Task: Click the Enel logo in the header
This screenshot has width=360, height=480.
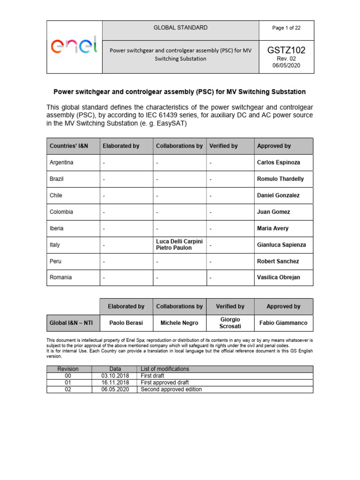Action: pyautogui.click(x=74, y=46)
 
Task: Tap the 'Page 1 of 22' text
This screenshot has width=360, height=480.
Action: pyautogui.click(x=286, y=28)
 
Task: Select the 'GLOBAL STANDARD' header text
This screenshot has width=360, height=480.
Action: pyautogui.click(x=180, y=28)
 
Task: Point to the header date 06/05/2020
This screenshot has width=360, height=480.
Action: pyautogui.click(x=286, y=66)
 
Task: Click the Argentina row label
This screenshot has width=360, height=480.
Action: pyautogui.click(x=61, y=163)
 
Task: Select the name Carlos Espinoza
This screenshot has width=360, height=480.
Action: pyautogui.click(x=278, y=163)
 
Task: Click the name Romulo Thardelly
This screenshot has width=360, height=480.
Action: pyautogui.click(x=280, y=179)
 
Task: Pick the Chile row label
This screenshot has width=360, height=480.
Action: pyautogui.click(x=56, y=195)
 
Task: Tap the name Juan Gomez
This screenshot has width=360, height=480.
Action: pyautogui.click(x=273, y=212)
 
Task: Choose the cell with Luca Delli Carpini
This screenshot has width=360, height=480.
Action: pyautogui.click(x=180, y=241)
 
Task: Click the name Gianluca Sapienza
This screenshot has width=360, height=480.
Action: pyautogui.click(x=281, y=245)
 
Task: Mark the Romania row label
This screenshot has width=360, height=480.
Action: pyautogui.click(x=60, y=277)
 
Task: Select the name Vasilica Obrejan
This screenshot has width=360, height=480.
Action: pyautogui.click(x=278, y=277)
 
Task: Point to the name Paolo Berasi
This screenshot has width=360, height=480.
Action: pyautogui.click(x=126, y=323)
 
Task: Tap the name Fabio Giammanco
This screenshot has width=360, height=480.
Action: pyautogui.click(x=283, y=323)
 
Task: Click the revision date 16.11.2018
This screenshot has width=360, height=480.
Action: pyautogui.click(x=114, y=382)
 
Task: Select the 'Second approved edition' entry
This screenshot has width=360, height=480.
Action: pyautogui.click(x=171, y=390)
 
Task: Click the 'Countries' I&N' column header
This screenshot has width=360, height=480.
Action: pyautogui.click(x=69, y=146)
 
